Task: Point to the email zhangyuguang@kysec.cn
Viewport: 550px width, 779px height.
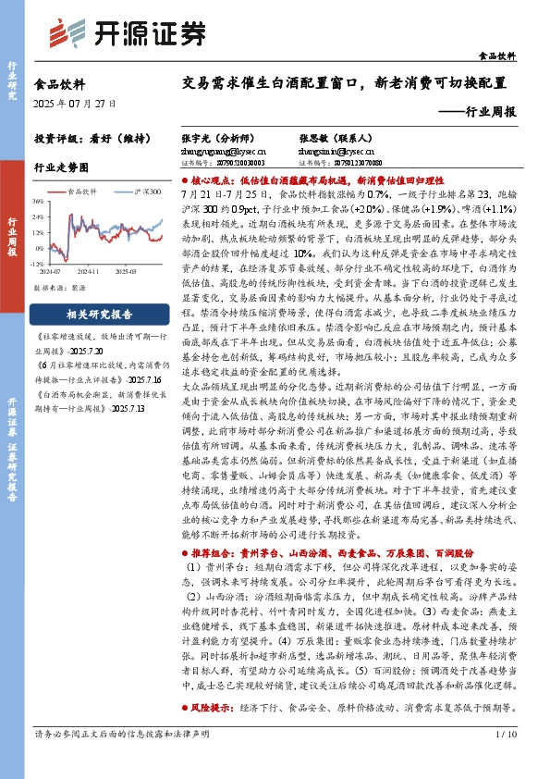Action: point(224,148)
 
